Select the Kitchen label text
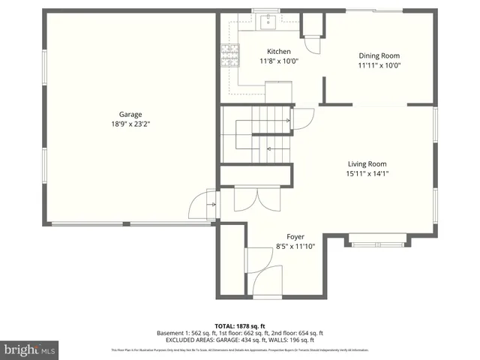(279, 52)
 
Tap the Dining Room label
(379, 55)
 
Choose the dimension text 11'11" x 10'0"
(379, 65)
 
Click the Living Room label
(367, 163)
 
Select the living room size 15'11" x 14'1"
(367, 173)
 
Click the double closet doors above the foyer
(247, 198)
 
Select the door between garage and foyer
(205, 204)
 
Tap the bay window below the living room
(379, 240)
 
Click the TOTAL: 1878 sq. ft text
(240, 325)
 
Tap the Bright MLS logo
(30, 349)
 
